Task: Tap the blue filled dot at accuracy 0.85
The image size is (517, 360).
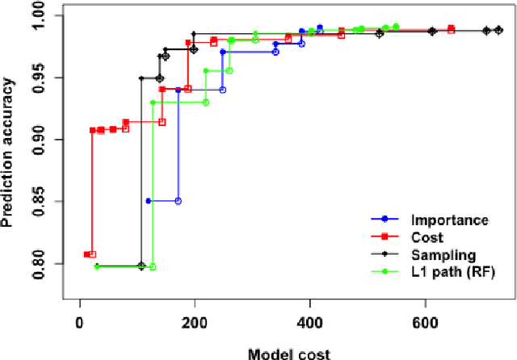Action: coord(148,200)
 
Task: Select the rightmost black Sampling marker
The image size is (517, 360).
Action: coord(498,30)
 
